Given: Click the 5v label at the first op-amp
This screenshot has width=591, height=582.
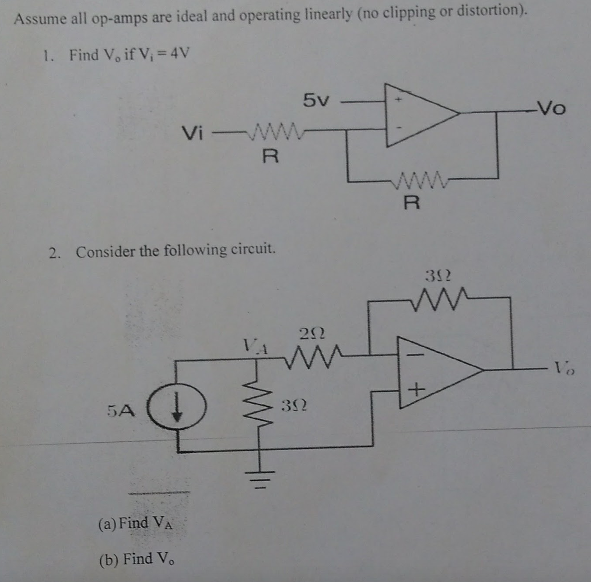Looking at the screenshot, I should tap(316, 100).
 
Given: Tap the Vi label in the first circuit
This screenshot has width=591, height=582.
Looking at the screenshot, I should tap(192, 134).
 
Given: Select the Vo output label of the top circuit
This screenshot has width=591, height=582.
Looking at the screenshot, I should tap(551, 109).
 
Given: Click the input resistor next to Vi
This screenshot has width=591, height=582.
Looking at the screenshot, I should tap(275, 130).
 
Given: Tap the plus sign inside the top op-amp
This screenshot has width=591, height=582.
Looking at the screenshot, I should tap(398, 100).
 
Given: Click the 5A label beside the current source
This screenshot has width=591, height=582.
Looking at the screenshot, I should tap(121, 411).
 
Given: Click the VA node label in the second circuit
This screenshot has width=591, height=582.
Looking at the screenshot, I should tap(255, 347).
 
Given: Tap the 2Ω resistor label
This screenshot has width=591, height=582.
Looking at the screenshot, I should tap(312, 334).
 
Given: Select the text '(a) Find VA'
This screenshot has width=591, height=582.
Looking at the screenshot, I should tap(135, 524).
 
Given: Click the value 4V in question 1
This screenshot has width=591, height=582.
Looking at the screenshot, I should tap(180, 53).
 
